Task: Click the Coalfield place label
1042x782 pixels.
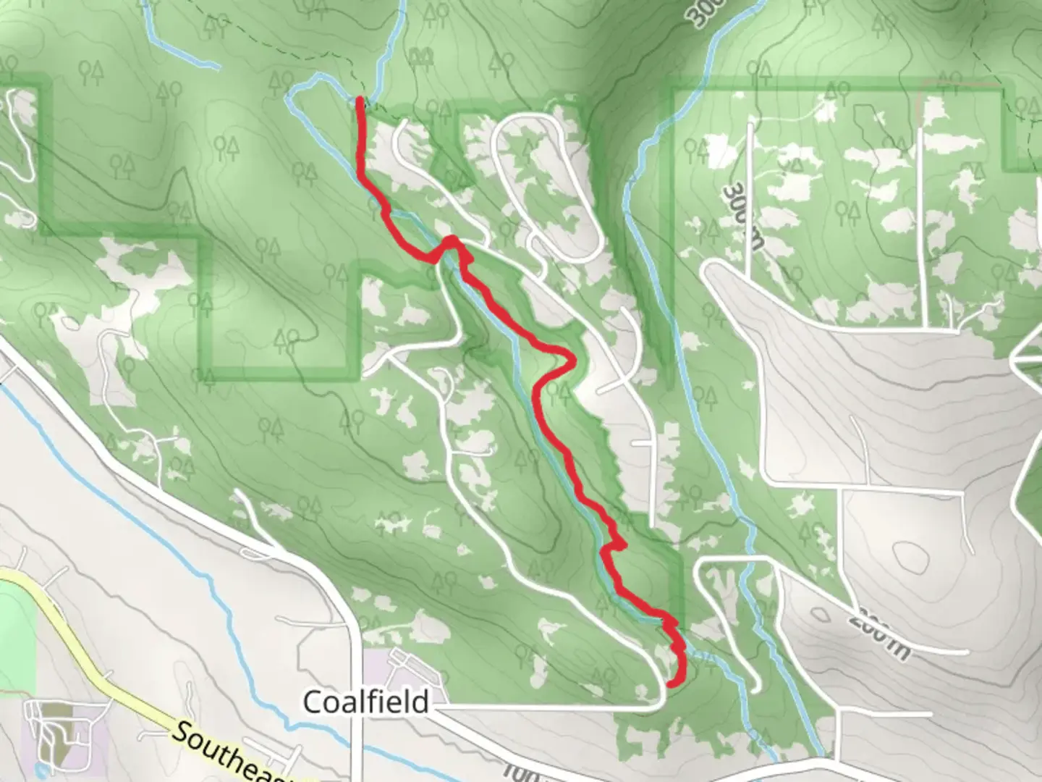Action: [365, 702]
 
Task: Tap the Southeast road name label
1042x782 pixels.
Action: [232, 753]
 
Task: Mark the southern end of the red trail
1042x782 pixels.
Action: [671, 683]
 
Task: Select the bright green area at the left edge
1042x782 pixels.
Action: [14, 615]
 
